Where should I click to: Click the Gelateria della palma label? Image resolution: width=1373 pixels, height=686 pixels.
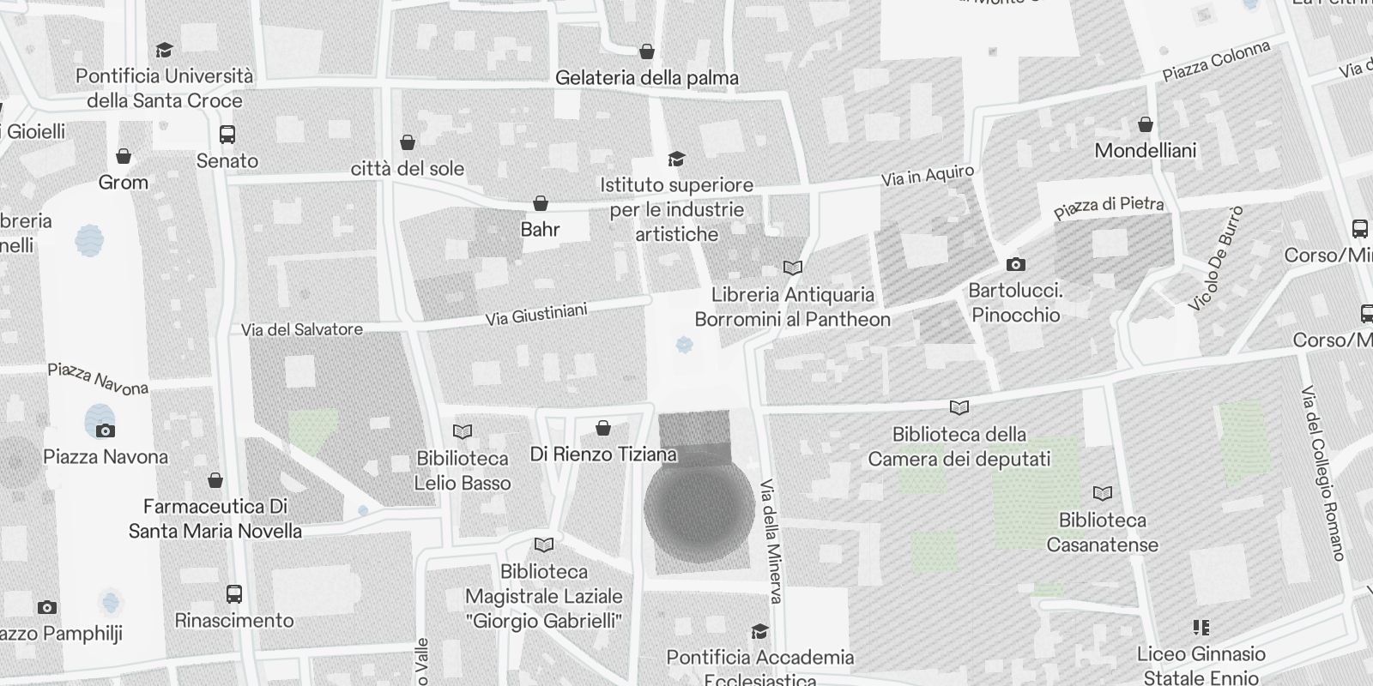pyautogui.click(x=647, y=78)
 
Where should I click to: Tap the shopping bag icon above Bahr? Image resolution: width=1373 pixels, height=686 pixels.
pyautogui.click(x=541, y=203)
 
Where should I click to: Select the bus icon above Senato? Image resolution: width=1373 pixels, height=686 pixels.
pyautogui.click(x=227, y=135)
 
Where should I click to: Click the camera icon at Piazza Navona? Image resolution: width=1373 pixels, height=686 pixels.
pyautogui.click(x=105, y=430)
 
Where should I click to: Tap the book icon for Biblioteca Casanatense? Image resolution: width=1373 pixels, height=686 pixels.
pyautogui.click(x=1103, y=493)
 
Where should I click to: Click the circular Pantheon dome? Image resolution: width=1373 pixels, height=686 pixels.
pyautogui.click(x=699, y=508)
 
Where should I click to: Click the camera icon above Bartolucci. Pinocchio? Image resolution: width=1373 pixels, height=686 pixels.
pyautogui.click(x=1015, y=264)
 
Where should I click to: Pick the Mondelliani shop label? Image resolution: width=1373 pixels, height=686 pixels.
pyautogui.click(x=1145, y=151)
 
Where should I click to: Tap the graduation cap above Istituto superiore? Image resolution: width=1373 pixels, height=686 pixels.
pyautogui.click(x=676, y=159)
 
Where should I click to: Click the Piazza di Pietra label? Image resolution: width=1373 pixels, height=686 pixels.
pyautogui.click(x=1109, y=207)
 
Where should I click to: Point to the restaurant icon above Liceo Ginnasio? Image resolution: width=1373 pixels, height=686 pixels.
pyautogui.click(x=1201, y=628)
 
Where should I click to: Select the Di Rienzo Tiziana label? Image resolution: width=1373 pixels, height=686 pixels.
pyautogui.click(x=603, y=454)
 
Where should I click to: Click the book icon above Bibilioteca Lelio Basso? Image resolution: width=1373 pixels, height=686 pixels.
pyautogui.click(x=463, y=431)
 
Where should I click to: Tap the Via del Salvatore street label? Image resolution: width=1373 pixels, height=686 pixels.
pyautogui.click(x=302, y=329)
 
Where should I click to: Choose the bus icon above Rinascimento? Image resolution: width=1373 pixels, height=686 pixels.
pyautogui.click(x=233, y=593)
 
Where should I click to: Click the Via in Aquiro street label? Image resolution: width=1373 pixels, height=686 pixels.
pyautogui.click(x=928, y=177)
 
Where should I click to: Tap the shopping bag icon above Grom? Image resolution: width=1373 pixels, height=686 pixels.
pyautogui.click(x=124, y=156)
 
